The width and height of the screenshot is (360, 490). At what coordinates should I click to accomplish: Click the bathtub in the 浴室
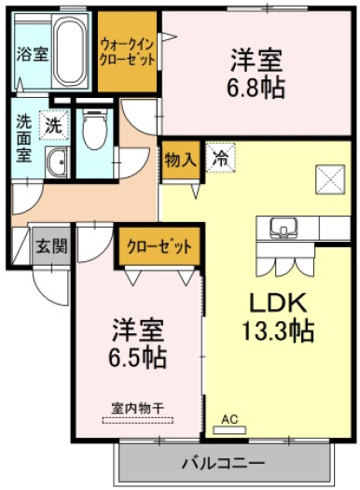click(x=70, y=51)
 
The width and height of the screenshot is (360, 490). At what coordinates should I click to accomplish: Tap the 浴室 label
click(x=33, y=54)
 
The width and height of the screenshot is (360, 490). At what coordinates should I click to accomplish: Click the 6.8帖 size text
click(x=256, y=88)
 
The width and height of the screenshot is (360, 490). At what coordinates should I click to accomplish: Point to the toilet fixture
click(x=94, y=130)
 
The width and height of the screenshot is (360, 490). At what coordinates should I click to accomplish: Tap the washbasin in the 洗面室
click(x=57, y=162)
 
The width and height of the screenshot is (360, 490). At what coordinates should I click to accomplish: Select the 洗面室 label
click(x=24, y=138)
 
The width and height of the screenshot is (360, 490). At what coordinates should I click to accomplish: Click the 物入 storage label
click(x=181, y=161)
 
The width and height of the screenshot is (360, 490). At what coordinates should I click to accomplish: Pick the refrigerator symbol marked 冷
click(x=220, y=157)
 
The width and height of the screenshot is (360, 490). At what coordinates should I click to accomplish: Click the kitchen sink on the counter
click(x=284, y=228)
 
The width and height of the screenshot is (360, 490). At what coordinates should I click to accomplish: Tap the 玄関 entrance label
click(x=51, y=246)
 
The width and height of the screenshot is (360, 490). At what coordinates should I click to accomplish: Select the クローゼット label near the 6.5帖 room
click(x=159, y=247)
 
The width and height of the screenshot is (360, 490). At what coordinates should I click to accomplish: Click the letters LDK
click(x=278, y=302)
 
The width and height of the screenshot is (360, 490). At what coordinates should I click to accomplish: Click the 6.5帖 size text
click(x=137, y=357)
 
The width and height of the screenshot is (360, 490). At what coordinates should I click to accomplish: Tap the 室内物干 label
click(x=138, y=409)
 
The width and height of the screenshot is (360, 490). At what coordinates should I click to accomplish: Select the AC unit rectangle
click(x=229, y=430)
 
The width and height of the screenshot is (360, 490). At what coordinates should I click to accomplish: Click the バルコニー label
click(x=224, y=463)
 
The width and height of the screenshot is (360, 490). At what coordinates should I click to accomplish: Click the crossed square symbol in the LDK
click(x=331, y=179)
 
